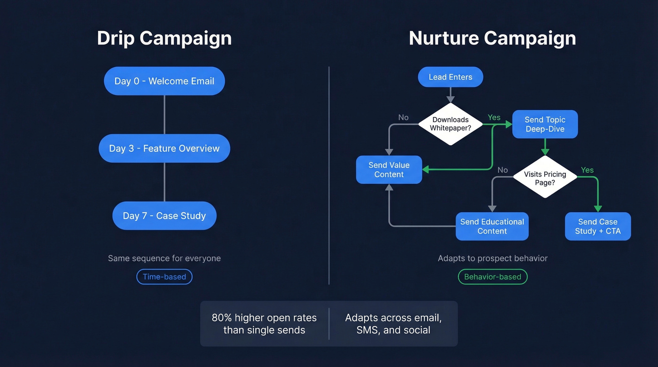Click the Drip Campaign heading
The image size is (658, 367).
coord(164,38)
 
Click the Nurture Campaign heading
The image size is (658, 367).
coord(492,38)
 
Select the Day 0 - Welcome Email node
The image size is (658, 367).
coord(164,81)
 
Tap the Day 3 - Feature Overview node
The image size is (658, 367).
coord(164,148)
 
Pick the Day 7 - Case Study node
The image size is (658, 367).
coord(164,216)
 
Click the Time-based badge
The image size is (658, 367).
coord(164,277)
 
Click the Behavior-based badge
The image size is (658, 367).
coord(493,277)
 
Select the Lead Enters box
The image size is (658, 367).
coord(450,77)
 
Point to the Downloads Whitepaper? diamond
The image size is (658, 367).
coord(450,124)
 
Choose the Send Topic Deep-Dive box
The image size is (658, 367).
coord(545,125)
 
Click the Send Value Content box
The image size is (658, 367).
coord(389,170)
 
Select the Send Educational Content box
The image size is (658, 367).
coord(492,226)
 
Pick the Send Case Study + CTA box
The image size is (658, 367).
coord(597,226)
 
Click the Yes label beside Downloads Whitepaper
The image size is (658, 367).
coord(494,117)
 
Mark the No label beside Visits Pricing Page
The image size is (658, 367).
coord(502,170)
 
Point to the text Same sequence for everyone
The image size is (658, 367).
coord(164,258)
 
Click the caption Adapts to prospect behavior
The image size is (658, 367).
coord(493,258)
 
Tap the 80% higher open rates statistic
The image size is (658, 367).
coord(264,324)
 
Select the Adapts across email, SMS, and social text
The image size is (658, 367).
coord(393,324)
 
